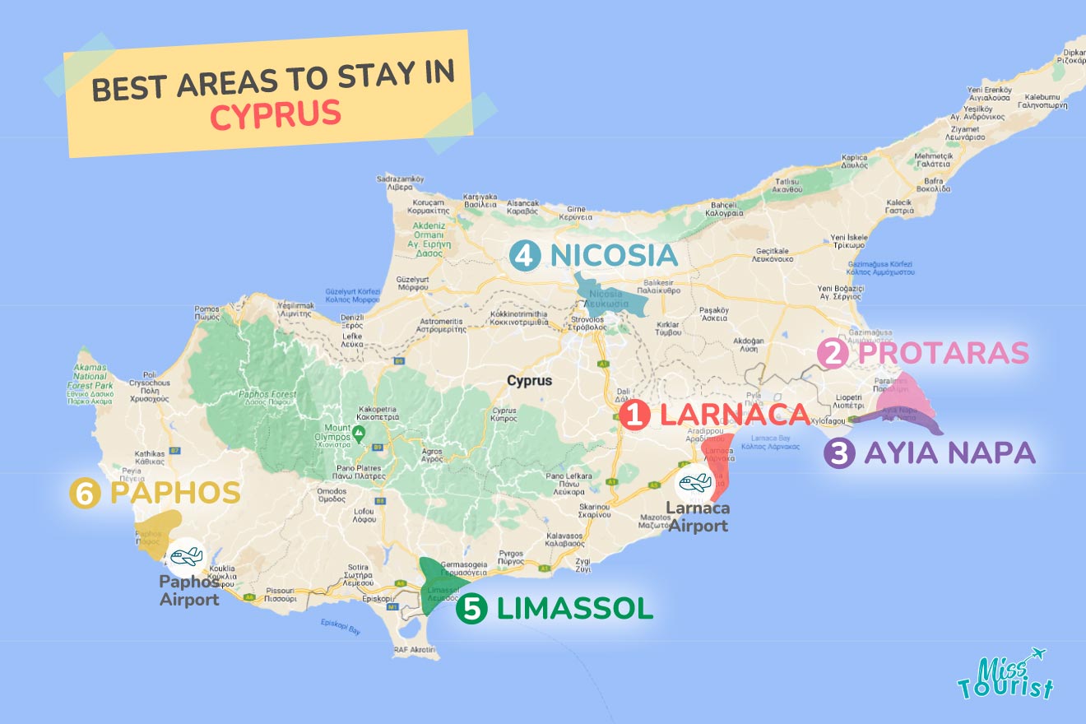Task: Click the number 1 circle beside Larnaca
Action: (635, 415)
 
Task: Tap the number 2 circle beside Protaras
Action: (833, 354)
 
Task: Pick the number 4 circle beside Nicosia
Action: (524, 256)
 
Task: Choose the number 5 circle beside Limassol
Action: (471, 609)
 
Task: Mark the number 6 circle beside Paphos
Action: (86, 494)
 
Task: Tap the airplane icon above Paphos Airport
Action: (185, 557)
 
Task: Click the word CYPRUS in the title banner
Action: (275, 114)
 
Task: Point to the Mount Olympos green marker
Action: (359, 432)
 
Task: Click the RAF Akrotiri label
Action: (414, 650)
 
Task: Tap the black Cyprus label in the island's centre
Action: (529, 381)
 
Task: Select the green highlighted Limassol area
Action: (433, 584)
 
